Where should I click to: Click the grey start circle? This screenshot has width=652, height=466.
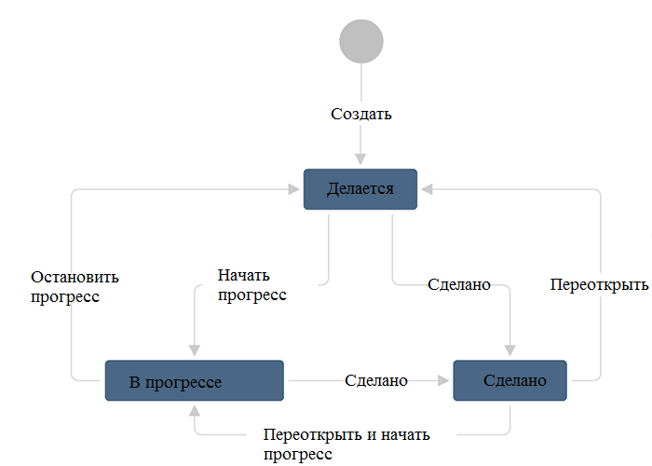point(361,40)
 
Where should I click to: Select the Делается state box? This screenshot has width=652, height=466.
point(360,189)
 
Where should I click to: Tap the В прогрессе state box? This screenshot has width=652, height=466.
point(194,380)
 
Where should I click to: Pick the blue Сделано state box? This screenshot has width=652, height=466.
point(509,380)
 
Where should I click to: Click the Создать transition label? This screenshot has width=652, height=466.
point(361,115)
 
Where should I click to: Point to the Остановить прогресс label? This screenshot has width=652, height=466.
point(75,287)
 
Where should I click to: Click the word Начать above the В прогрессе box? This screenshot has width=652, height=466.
point(243,276)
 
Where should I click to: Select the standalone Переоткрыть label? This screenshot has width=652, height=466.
point(598,284)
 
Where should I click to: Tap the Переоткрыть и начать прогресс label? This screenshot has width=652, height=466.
point(346,444)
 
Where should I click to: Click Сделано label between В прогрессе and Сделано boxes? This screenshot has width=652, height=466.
point(376,380)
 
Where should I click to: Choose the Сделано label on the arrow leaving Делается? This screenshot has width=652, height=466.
point(459,284)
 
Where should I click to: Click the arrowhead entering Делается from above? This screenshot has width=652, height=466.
point(360,160)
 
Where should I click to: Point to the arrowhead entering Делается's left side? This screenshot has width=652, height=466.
point(295,189)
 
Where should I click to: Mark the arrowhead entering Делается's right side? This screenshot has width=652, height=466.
point(426,189)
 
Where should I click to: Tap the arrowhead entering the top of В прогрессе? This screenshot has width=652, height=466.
point(194,350)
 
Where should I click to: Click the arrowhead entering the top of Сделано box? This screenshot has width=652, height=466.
point(509,350)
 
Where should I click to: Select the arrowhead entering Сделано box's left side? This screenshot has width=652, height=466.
point(443,380)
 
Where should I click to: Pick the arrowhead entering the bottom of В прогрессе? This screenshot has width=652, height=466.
point(194,410)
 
